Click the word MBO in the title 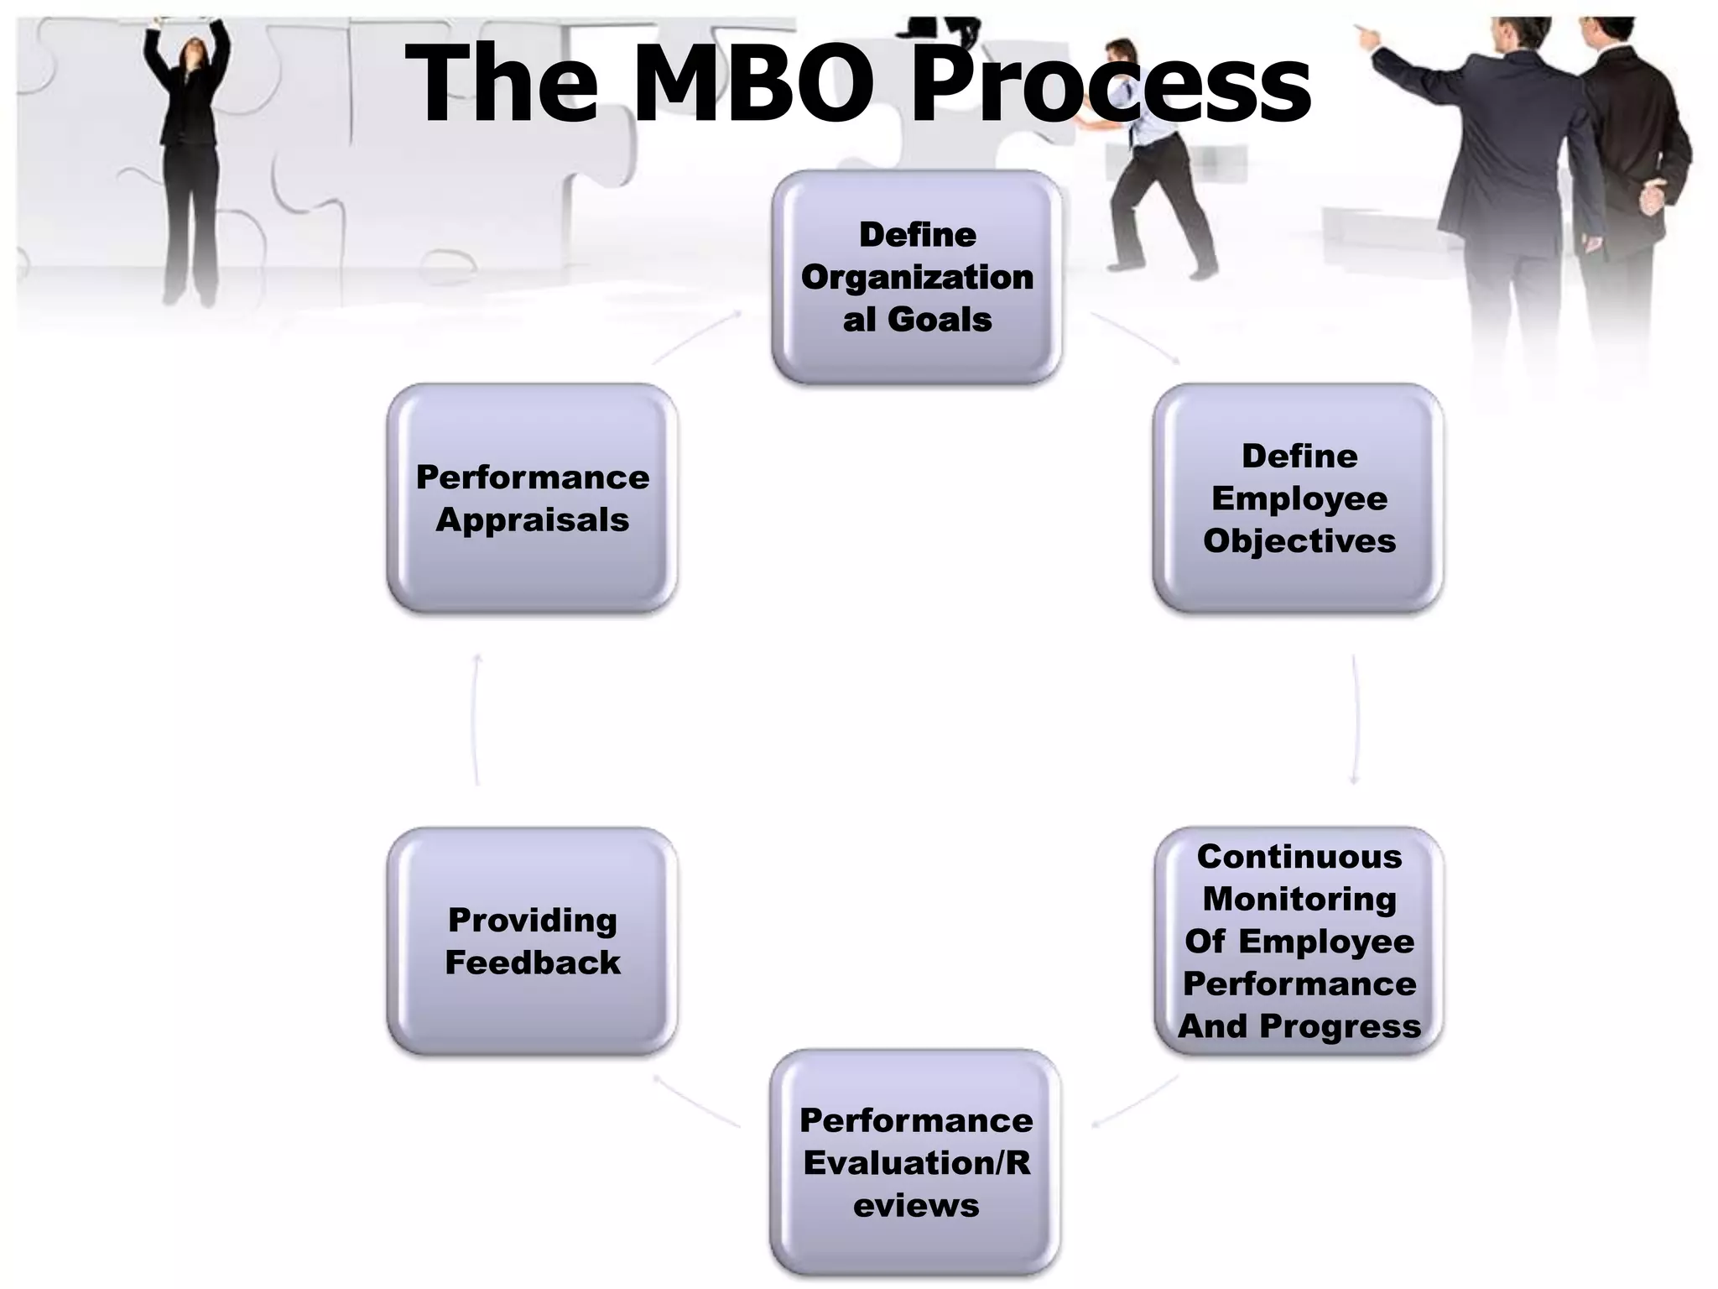tap(753, 84)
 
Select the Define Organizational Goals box tap(917, 277)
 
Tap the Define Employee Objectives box tap(1299, 498)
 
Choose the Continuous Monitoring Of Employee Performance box tap(1299, 941)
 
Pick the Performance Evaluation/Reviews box tap(915, 1162)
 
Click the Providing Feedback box tap(533, 941)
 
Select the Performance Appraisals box tap(533, 498)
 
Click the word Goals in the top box tap(940, 320)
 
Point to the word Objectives tap(1299, 541)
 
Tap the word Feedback tap(533, 963)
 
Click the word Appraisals tap(533, 520)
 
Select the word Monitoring tap(1299, 899)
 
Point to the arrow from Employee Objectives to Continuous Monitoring tap(1355, 719)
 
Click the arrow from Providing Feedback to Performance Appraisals tap(476, 719)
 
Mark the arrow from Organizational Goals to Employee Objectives tap(1136, 337)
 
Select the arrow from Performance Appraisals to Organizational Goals tap(696, 337)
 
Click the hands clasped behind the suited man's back tap(1652, 197)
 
